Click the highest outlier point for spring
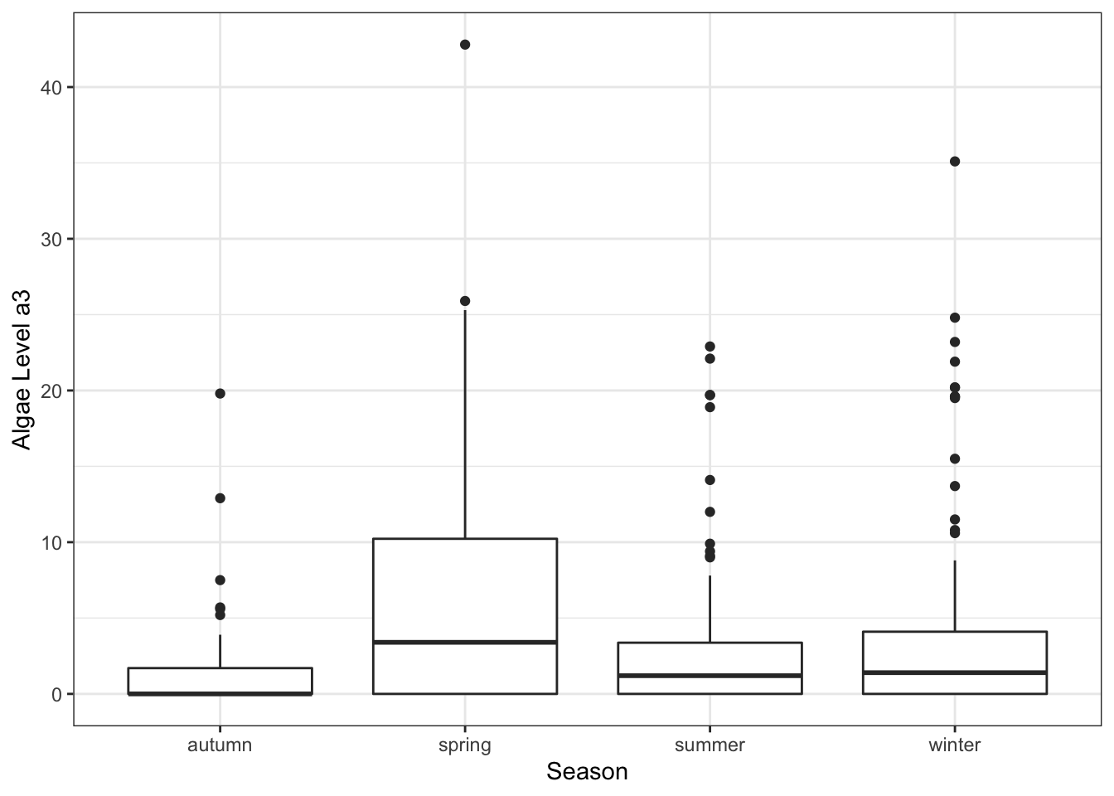point(465,45)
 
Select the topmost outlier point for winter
point(955,162)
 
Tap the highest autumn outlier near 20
point(220,394)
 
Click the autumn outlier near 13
point(220,498)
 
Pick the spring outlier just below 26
point(465,301)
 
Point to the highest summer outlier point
point(710,347)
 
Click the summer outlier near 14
point(710,480)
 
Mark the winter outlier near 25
point(955,318)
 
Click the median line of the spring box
point(465,642)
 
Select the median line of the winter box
point(955,672)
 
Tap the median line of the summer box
point(710,676)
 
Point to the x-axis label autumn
point(220,745)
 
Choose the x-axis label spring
point(465,745)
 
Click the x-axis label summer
point(710,745)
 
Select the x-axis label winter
point(955,745)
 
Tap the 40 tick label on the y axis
point(51,88)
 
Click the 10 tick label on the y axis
point(51,542)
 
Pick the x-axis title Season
point(587,772)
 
